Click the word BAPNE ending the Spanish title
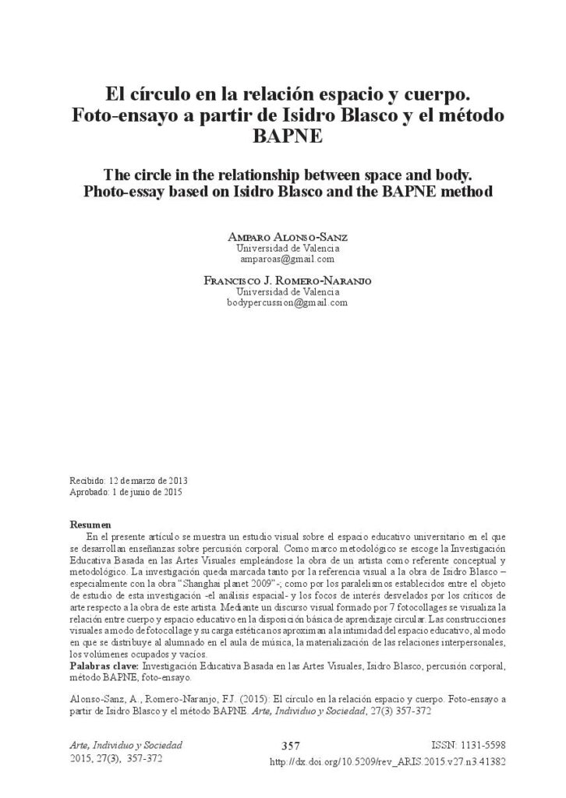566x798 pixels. coord(282,137)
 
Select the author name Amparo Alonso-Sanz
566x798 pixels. coord(282,237)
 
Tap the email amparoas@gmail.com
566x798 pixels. coord(282,259)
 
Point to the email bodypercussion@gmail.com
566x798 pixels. coord(282,302)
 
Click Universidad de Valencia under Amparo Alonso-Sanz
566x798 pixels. coord(282,248)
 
